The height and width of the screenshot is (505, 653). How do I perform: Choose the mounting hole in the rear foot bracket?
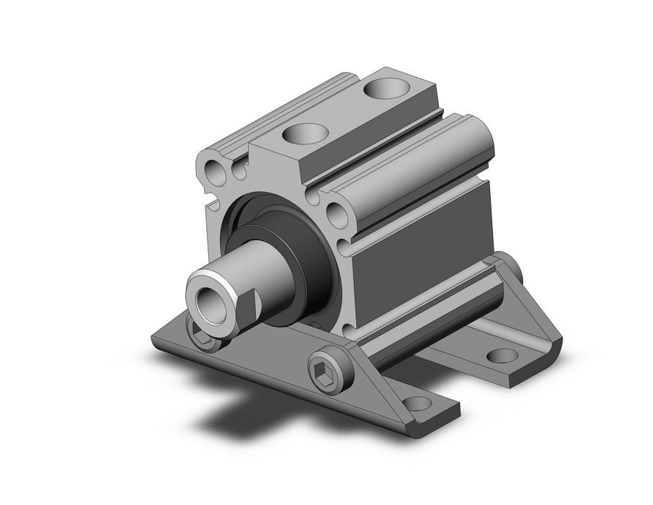point(502,355)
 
